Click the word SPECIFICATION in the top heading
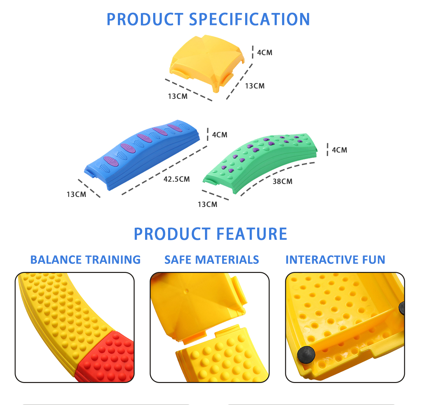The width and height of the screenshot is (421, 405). (249, 19)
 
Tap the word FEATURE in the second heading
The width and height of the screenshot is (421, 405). (252, 234)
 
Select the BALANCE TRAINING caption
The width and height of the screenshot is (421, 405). (85, 260)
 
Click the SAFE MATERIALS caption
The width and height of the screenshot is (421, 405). (211, 260)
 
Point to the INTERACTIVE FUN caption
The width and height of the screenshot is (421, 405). (335, 260)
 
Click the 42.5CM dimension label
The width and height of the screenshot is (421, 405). (176, 179)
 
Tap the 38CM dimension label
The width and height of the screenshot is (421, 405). (282, 181)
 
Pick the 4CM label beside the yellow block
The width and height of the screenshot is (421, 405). (265, 52)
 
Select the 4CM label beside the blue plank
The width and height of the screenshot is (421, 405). (220, 135)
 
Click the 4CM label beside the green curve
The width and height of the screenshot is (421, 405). (339, 150)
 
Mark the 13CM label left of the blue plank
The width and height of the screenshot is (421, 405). (76, 194)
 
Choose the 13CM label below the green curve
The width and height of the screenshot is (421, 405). (208, 204)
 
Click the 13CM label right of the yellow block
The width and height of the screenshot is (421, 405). (255, 86)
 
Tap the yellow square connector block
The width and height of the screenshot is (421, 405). (207, 63)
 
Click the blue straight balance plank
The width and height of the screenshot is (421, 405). (142, 155)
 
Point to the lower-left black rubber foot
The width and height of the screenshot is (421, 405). (306, 354)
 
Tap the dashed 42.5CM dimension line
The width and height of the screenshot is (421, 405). (165, 170)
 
